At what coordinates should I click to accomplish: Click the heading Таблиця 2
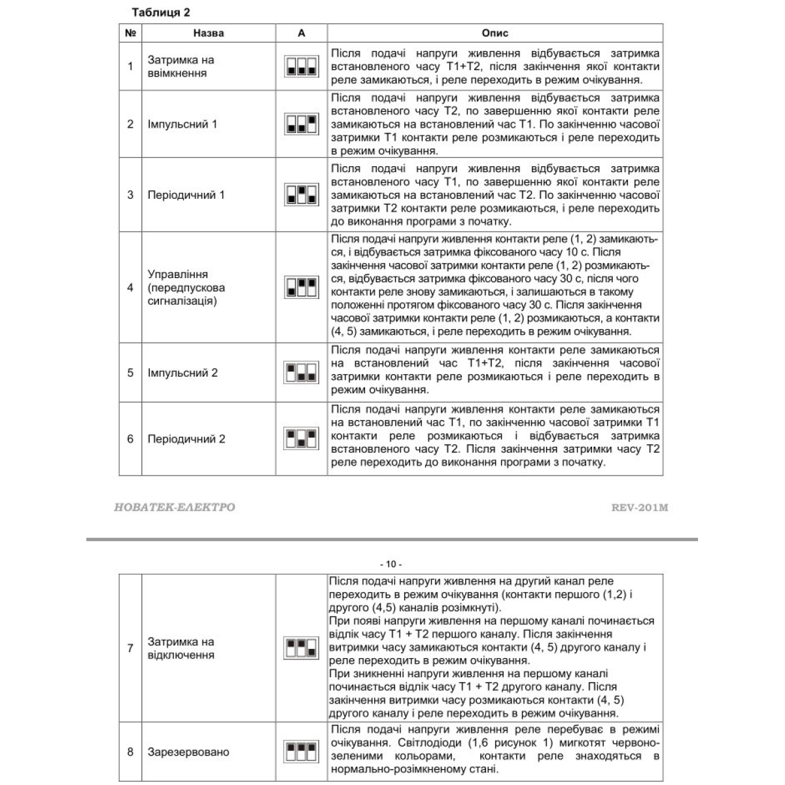coord(161,12)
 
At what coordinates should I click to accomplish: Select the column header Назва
coord(209,33)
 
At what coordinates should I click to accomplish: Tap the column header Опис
coord(495,33)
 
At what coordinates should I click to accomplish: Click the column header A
coord(301,33)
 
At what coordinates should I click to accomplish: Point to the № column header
coord(130,33)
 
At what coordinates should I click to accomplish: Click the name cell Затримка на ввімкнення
coord(181,66)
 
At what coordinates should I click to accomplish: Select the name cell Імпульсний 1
coord(183,124)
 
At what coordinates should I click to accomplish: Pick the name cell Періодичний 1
coord(186,194)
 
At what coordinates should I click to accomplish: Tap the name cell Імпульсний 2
coord(183,373)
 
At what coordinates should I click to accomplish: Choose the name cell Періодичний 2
coord(186,439)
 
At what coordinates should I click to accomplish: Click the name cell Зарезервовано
coord(188,752)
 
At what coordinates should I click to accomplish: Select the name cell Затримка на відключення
coord(181,648)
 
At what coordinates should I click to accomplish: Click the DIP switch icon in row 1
coord(301,66)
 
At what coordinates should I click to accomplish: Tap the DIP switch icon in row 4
coord(301,287)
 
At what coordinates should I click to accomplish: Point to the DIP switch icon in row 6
coord(301,438)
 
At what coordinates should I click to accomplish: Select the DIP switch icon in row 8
coord(301,751)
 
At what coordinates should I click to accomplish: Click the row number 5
coord(130,373)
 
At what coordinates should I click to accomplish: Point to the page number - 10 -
coord(391,564)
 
